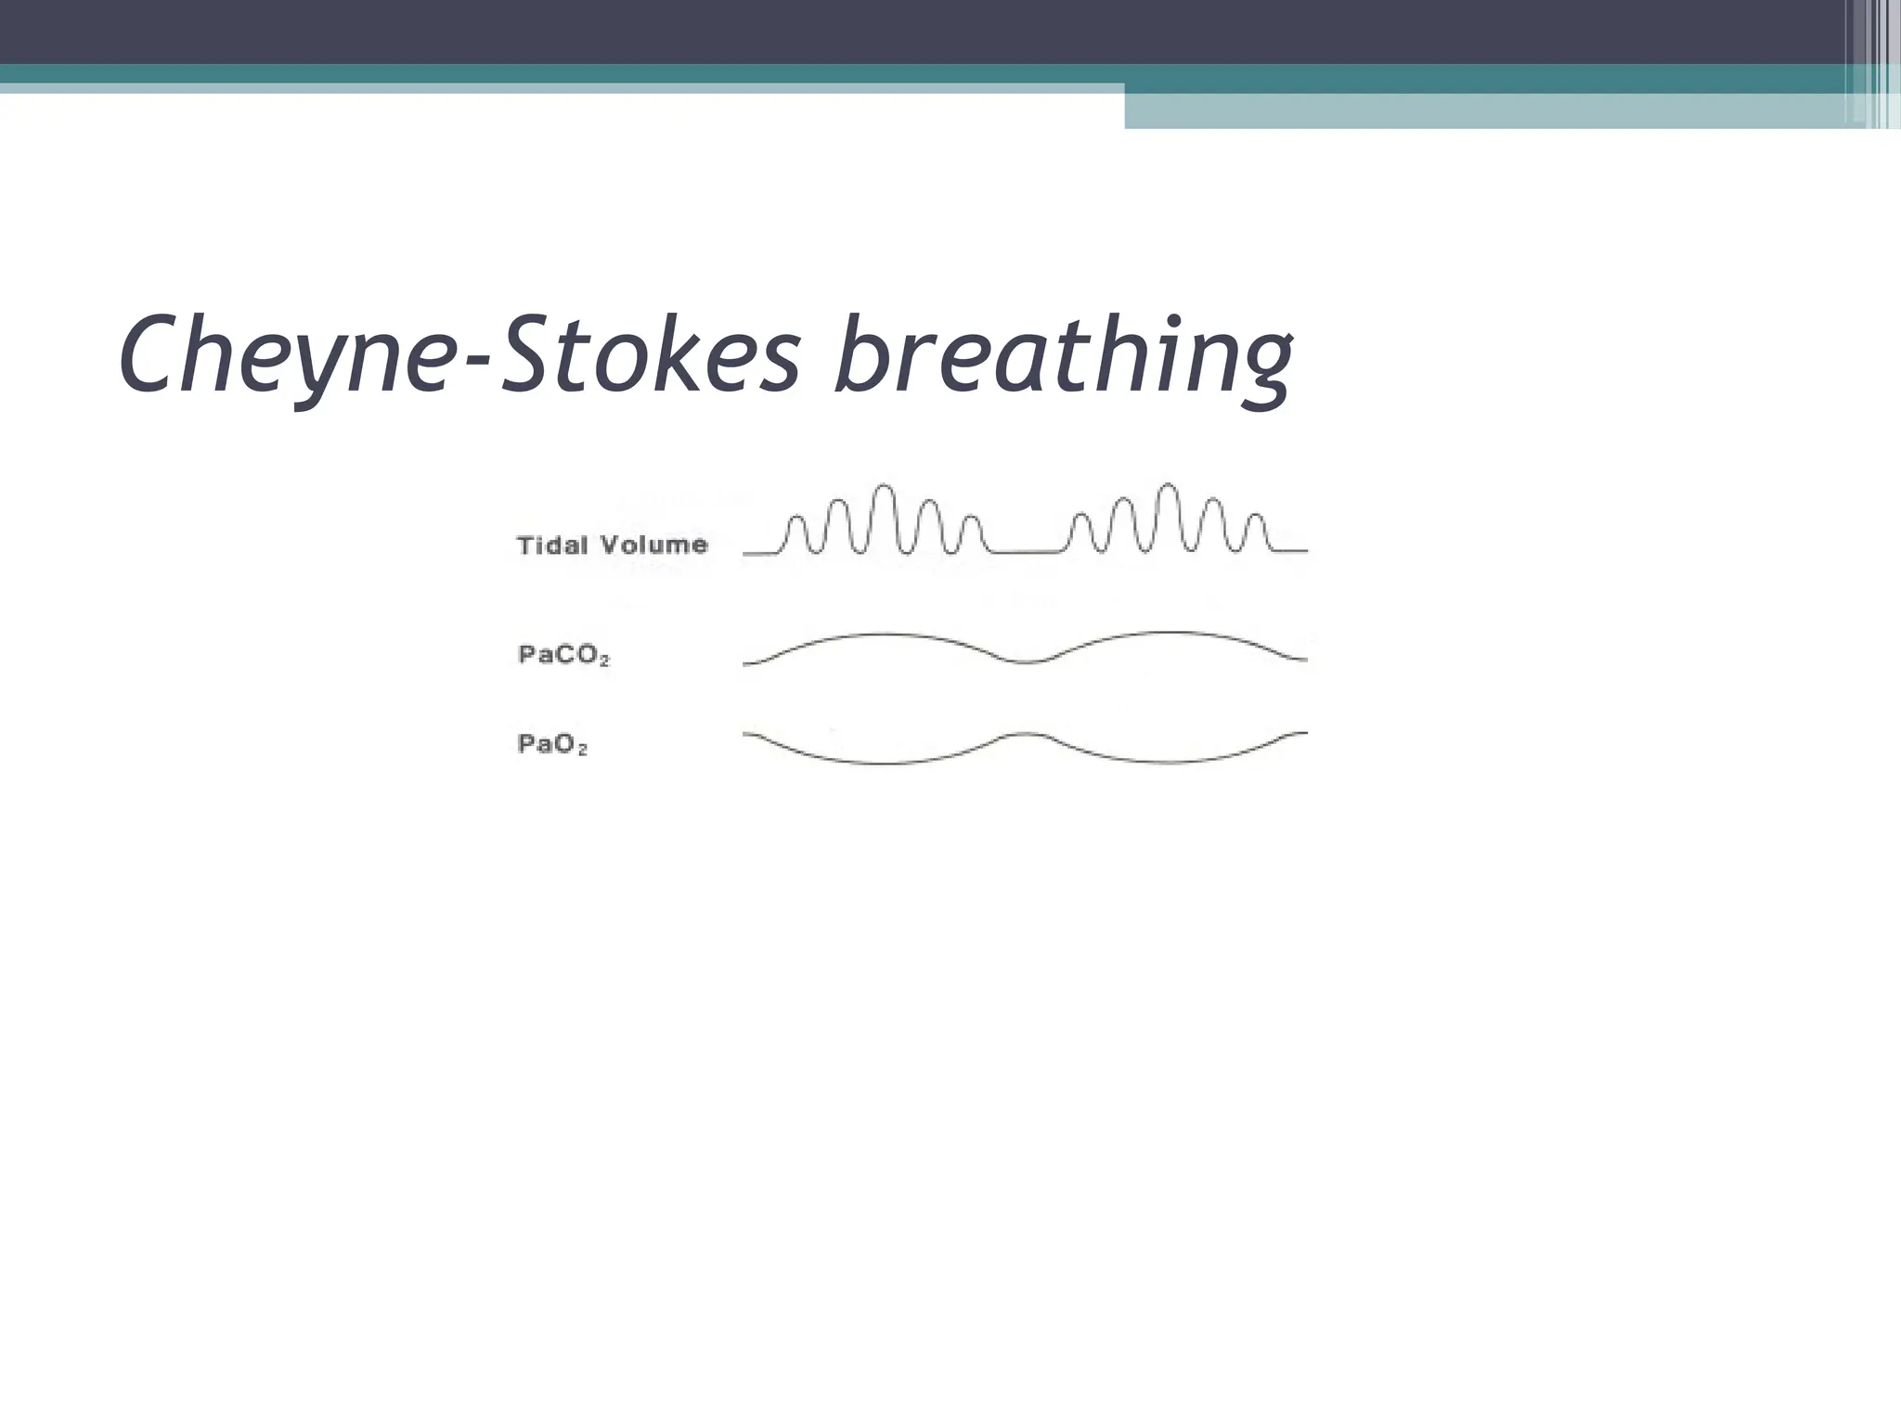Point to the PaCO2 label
pyautogui.click(x=563, y=655)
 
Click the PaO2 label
pyautogui.click(x=552, y=744)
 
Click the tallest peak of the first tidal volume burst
pyautogui.click(x=885, y=486)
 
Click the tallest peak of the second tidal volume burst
pyautogui.click(x=1169, y=485)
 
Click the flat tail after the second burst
pyautogui.click(x=1290, y=551)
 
